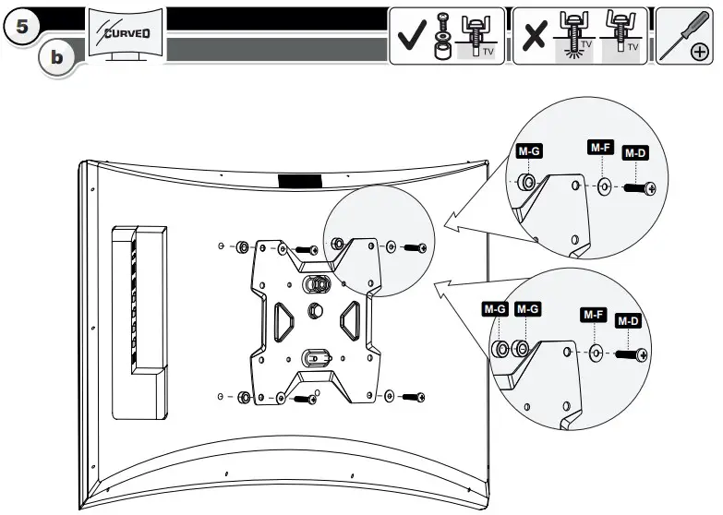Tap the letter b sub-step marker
[58, 57]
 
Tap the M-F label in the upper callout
[600, 148]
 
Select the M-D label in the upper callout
[634, 153]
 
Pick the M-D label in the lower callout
[628, 321]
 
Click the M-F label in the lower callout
[593, 316]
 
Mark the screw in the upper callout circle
[638, 188]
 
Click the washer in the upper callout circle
[604, 187]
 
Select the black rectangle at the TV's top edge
[300, 182]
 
